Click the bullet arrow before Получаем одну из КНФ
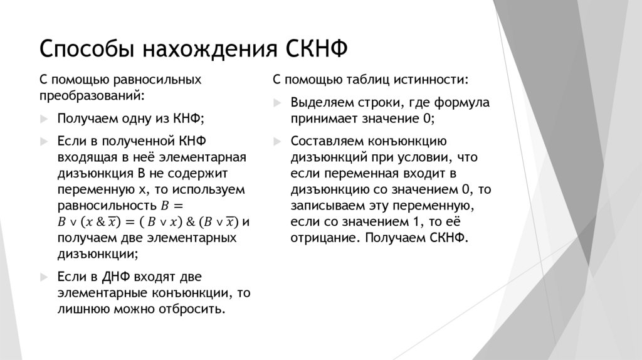point(43,119)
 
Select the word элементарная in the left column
point(212,157)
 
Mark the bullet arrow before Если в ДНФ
point(43,277)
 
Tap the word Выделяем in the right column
point(319,102)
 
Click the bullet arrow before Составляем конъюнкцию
point(276,140)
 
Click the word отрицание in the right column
point(323,238)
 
